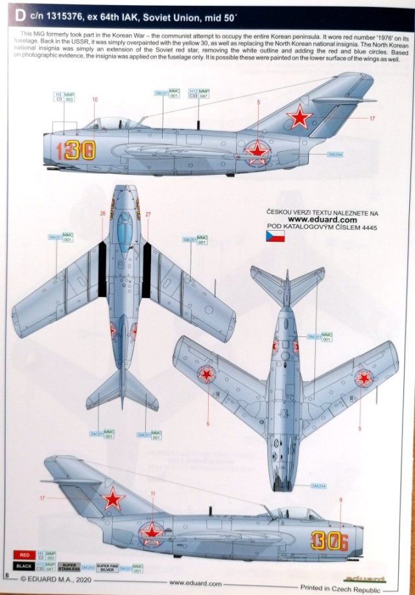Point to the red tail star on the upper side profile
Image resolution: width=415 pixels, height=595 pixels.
click(x=300, y=118)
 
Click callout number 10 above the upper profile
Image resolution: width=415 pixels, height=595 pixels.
click(x=95, y=100)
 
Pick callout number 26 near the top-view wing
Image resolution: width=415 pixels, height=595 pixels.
click(x=102, y=213)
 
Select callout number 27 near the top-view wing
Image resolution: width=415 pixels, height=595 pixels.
click(x=148, y=213)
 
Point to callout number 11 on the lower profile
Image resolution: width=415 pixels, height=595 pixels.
click(x=153, y=494)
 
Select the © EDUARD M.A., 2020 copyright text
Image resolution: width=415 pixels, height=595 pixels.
click(x=56, y=582)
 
